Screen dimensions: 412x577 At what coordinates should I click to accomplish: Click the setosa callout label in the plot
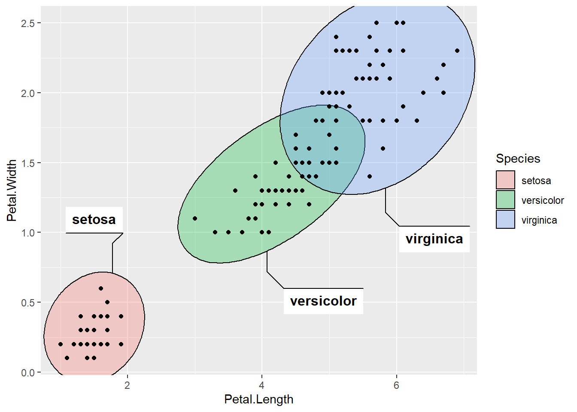coord(94,220)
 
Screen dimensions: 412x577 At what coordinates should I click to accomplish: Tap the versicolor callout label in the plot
coord(323,301)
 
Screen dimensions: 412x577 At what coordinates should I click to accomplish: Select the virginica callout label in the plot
coord(434,239)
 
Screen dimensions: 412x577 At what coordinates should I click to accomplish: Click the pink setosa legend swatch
coord(505,180)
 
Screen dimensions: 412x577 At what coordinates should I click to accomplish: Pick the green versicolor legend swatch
coord(505,200)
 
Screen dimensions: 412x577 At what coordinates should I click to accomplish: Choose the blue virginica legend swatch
coord(505,219)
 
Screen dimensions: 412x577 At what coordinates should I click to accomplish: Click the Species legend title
coord(518,158)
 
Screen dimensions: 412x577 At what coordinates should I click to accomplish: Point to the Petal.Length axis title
coord(258,400)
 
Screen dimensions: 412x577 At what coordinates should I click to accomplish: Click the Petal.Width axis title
coord(12,191)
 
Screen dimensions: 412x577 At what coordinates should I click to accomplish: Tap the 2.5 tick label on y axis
coord(28,23)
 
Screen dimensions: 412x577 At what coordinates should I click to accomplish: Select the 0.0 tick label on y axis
coord(28,373)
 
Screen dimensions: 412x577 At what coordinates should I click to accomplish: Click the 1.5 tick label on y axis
coord(28,163)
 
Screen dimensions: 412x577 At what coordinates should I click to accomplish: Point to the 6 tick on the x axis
coord(396,385)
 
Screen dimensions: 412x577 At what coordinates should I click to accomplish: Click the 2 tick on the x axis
coord(128,385)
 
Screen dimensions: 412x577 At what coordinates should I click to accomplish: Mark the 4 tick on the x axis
coord(262,385)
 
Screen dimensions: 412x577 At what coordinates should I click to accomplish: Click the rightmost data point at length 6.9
coord(457,51)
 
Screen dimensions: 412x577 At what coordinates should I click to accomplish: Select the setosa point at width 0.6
coord(101,288)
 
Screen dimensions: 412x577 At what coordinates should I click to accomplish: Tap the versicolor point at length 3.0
coord(195,218)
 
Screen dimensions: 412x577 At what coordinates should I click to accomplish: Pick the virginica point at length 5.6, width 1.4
coord(370,176)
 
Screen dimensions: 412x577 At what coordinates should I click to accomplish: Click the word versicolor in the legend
coord(542,200)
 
